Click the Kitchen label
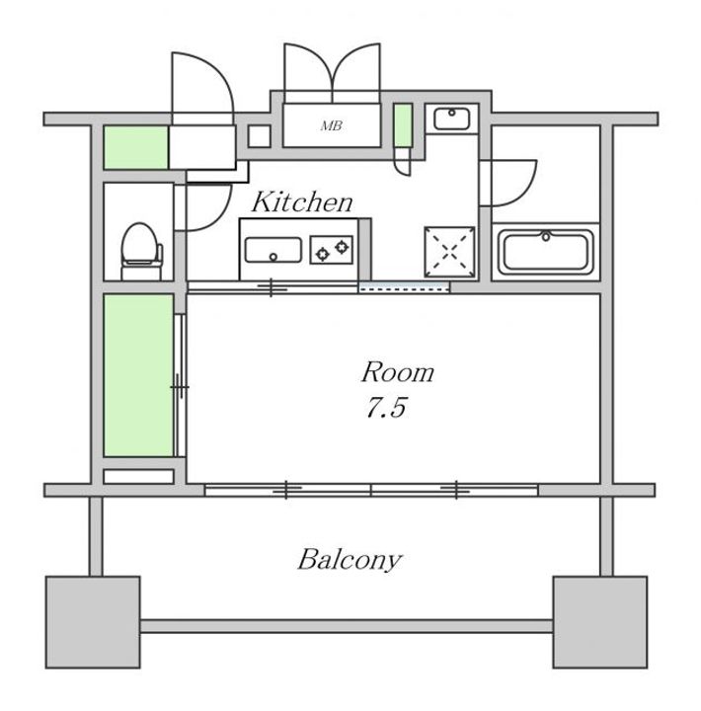(x=302, y=202)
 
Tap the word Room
(x=397, y=372)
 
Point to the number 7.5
(x=386, y=407)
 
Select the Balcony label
(x=350, y=560)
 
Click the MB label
(x=332, y=125)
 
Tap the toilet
(x=141, y=251)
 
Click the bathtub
(x=545, y=253)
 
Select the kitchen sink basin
(x=273, y=250)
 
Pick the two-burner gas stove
(x=332, y=250)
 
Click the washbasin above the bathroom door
(x=451, y=118)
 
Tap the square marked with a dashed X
(x=449, y=252)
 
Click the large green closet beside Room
(x=138, y=375)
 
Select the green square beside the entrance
(x=136, y=147)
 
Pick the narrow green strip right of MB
(x=402, y=125)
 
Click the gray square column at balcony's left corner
(x=93, y=622)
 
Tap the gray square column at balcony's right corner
(x=600, y=622)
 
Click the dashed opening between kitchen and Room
(x=404, y=287)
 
